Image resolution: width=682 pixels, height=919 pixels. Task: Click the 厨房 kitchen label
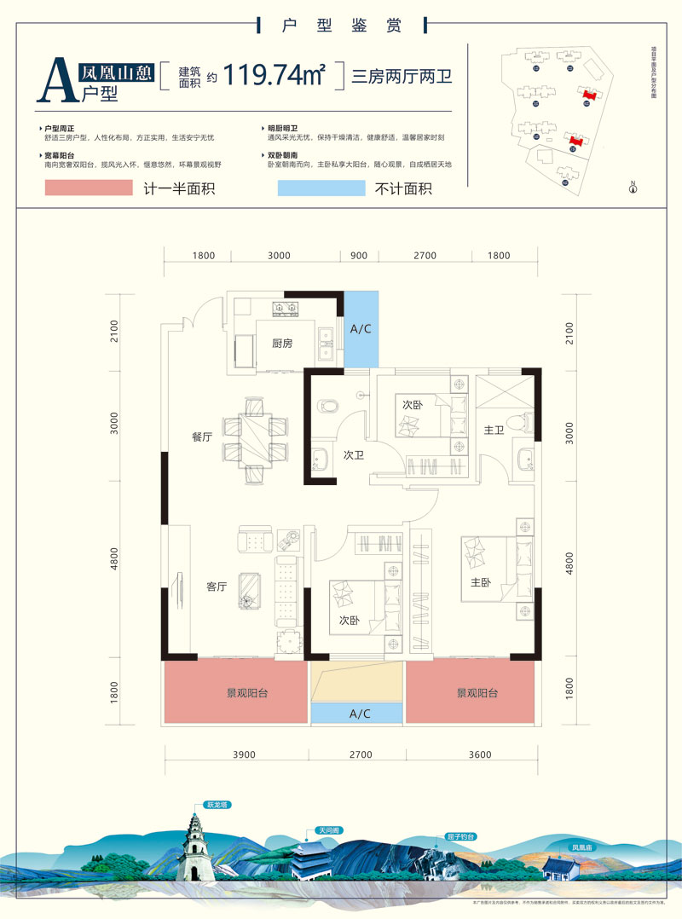[282, 344]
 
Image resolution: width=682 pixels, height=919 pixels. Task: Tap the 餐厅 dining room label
[202, 436]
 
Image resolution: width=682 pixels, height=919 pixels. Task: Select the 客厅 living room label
[217, 587]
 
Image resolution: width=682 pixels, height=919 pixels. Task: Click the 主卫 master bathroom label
[494, 431]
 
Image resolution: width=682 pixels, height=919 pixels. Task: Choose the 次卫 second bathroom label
[354, 455]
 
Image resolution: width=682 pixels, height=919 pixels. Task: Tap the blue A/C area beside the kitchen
[361, 329]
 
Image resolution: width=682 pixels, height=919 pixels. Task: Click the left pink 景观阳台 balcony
[235, 693]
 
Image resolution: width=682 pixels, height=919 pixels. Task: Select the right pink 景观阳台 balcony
[473, 693]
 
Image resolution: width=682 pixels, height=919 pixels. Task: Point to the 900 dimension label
[359, 256]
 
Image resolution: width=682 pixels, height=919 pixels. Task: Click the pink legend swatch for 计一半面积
[89, 188]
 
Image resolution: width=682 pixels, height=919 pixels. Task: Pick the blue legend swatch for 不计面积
[321, 188]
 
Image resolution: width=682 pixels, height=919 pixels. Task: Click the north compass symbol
[633, 188]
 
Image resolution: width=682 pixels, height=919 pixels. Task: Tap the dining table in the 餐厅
[255, 431]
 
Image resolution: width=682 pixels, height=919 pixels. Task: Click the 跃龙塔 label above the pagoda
[217, 804]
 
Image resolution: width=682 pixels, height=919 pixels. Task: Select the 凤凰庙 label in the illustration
[582, 848]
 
